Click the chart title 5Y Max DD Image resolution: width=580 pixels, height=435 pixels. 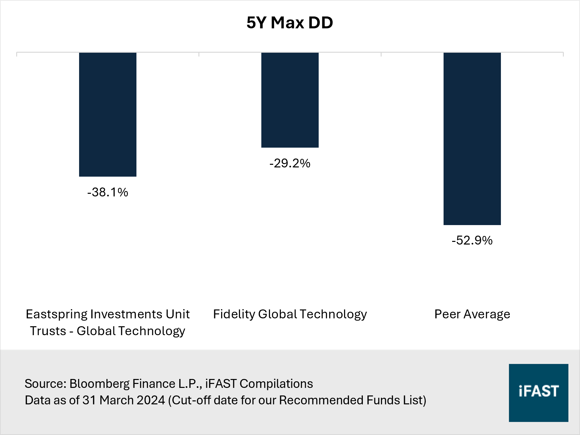click(290, 23)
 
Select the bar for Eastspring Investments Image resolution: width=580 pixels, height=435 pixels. click(108, 114)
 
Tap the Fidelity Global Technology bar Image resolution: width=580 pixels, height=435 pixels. click(290, 100)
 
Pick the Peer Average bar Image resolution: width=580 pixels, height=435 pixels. click(472, 138)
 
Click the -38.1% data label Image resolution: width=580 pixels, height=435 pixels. click(108, 192)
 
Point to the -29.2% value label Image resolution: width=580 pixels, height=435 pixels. click(290, 163)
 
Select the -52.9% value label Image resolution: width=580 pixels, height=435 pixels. click(472, 240)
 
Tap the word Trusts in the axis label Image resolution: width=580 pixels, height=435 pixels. click(48, 331)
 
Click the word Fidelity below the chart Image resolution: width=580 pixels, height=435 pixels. click(234, 314)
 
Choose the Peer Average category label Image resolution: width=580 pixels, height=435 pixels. click(472, 314)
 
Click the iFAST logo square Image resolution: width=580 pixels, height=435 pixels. click(538, 392)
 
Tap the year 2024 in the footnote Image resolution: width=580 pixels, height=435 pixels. click(151, 400)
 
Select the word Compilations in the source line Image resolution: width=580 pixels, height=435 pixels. click(276, 384)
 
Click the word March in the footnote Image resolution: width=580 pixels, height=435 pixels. click(116, 400)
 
